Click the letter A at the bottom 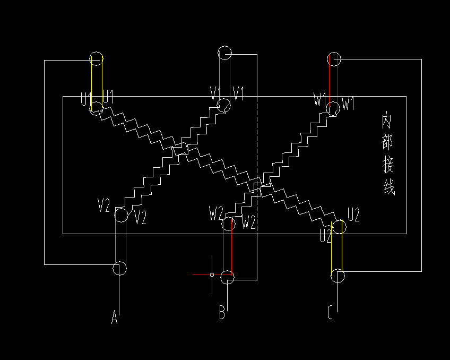(x=114, y=318)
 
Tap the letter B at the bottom (x=222, y=313)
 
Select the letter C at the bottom (x=330, y=313)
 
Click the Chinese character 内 (x=387, y=122)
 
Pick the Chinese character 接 (x=388, y=166)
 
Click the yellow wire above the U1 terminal (x=91, y=82)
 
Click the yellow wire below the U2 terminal (x=331, y=250)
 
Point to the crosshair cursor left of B (x=212, y=275)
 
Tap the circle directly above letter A (x=119, y=268)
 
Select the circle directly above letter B (x=227, y=277)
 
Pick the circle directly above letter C (x=337, y=276)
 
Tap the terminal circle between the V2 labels (x=121, y=215)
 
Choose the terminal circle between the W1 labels (x=333, y=108)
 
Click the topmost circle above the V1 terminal (x=224, y=53)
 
